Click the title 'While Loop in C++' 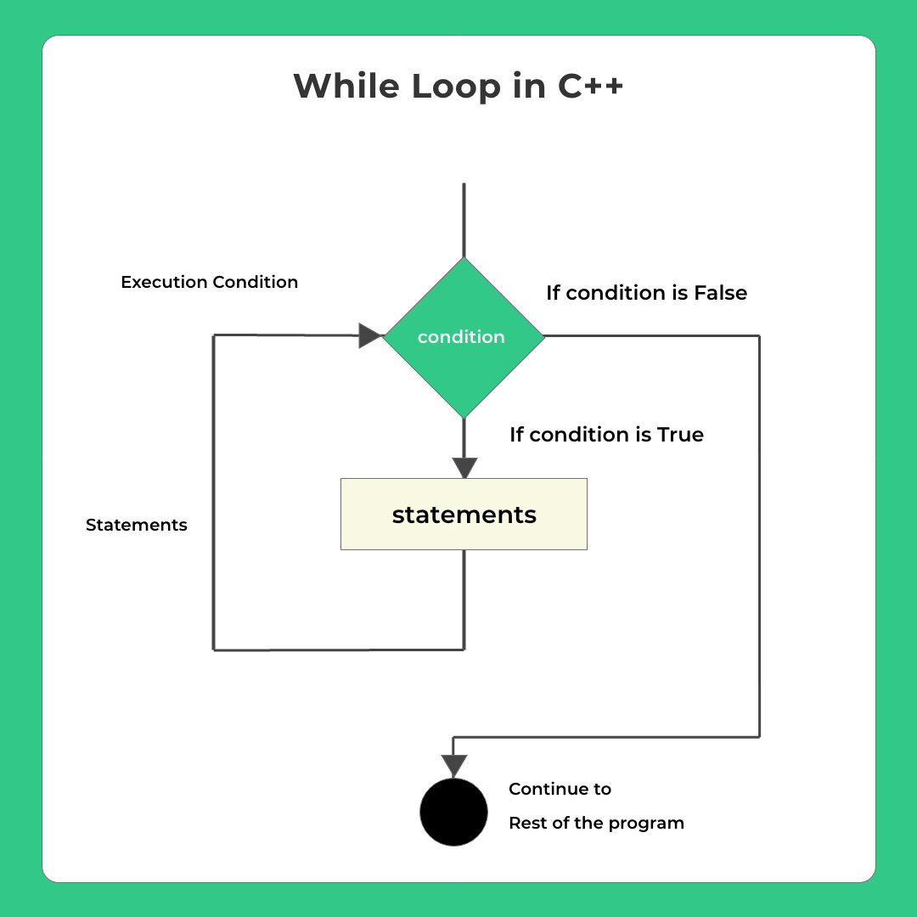[x=458, y=87]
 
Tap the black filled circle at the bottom [x=453, y=812]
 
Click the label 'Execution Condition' [x=209, y=282]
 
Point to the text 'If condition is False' [x=646, y=293]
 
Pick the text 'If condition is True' [x=606, y=435]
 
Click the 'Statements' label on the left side [x=136, y=525]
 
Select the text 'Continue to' [x=560, y=789]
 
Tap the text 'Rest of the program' [x=596, y=823]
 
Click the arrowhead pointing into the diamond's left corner [x=370, y=335]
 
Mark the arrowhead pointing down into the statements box [x=464, y=468]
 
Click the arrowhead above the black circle [x=454, y=765]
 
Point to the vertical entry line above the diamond [x=464, y=221]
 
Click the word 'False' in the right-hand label [x=720, y=293]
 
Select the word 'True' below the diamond [x=680, y=435]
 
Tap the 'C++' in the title [x=590, y=87]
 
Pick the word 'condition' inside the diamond [x=461, y=337]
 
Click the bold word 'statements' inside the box [x=464, y=515]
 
